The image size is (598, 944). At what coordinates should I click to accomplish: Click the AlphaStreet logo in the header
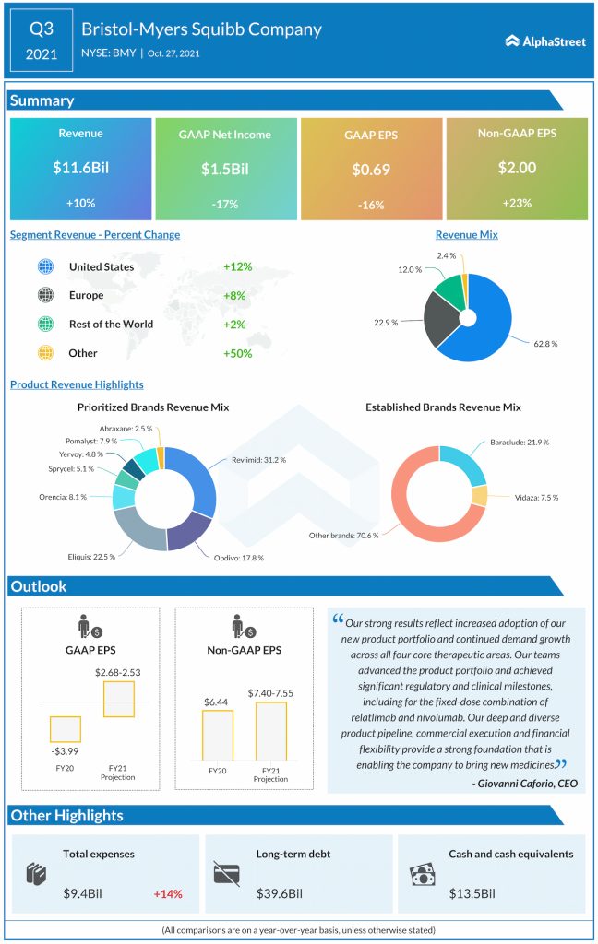coord(545,41)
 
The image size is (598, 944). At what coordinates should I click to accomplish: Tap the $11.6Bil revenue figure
coord(80,169)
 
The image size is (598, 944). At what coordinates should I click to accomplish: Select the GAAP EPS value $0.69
coord(371,170)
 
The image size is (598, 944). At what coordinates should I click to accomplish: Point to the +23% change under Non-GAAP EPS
coord(517,203)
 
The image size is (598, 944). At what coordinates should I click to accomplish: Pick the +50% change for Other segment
coord(237,353)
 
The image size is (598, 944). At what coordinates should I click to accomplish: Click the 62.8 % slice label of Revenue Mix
coord(545,343)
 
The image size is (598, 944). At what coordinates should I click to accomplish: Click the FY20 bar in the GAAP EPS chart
coord(66,728)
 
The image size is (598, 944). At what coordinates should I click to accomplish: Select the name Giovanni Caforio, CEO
coord(525,782)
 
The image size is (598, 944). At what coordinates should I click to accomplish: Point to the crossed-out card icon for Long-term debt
coord(226,874)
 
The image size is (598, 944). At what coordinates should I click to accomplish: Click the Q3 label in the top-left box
coord(41,29)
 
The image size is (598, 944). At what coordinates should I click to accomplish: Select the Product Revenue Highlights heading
coord(77,384)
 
